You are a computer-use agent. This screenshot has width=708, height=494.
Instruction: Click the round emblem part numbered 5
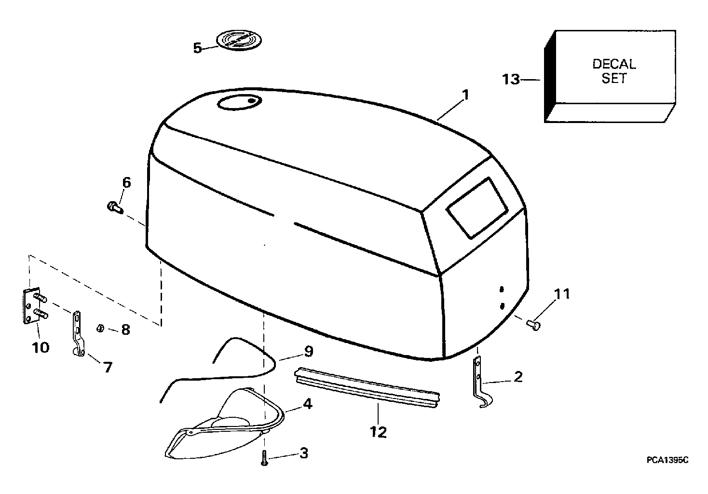click(236, 40)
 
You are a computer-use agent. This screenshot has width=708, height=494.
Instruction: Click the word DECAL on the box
click(613, 64)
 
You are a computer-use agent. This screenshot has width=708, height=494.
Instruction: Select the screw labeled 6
click(115, 207)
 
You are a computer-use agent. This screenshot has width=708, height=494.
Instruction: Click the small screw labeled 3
click(264, 457)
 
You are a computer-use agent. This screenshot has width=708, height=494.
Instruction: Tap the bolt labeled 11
click(534, 325)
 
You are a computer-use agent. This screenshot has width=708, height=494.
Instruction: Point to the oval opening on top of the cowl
click(239, 102)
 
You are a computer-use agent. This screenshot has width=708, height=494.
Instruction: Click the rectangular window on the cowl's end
click(477, 207)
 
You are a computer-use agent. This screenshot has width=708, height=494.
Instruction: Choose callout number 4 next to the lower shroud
click(307, 403)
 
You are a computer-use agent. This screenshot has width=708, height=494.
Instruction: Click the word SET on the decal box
click(613, 79)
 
